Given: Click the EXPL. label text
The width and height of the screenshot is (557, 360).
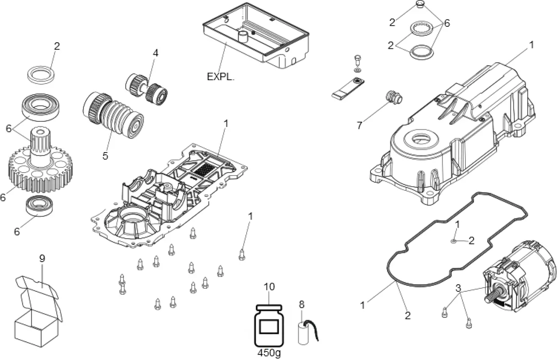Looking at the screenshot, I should point(220,77).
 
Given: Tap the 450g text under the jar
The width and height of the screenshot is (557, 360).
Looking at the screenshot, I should point(269,353).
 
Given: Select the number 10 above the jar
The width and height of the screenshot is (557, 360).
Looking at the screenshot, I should point(269,287).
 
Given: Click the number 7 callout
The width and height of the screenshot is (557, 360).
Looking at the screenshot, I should point(359,126).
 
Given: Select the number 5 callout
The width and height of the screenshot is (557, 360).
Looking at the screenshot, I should point(105,156).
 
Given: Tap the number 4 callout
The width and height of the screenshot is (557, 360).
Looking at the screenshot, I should point(156,53).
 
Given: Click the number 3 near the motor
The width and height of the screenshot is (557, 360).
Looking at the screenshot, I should point(458,288).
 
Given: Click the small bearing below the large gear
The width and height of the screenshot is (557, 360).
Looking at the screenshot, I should point(40,206).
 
